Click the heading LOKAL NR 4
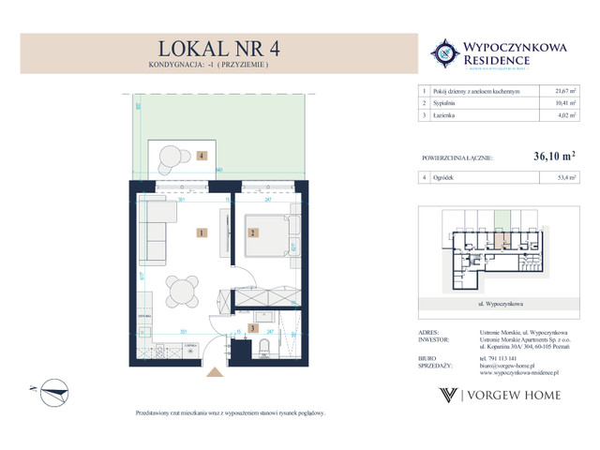click(213, 48)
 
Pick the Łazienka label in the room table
click(451, 116)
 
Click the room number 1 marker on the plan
click(202, 232)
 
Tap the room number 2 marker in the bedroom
click(251, 232)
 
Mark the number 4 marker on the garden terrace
click(202, 157)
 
